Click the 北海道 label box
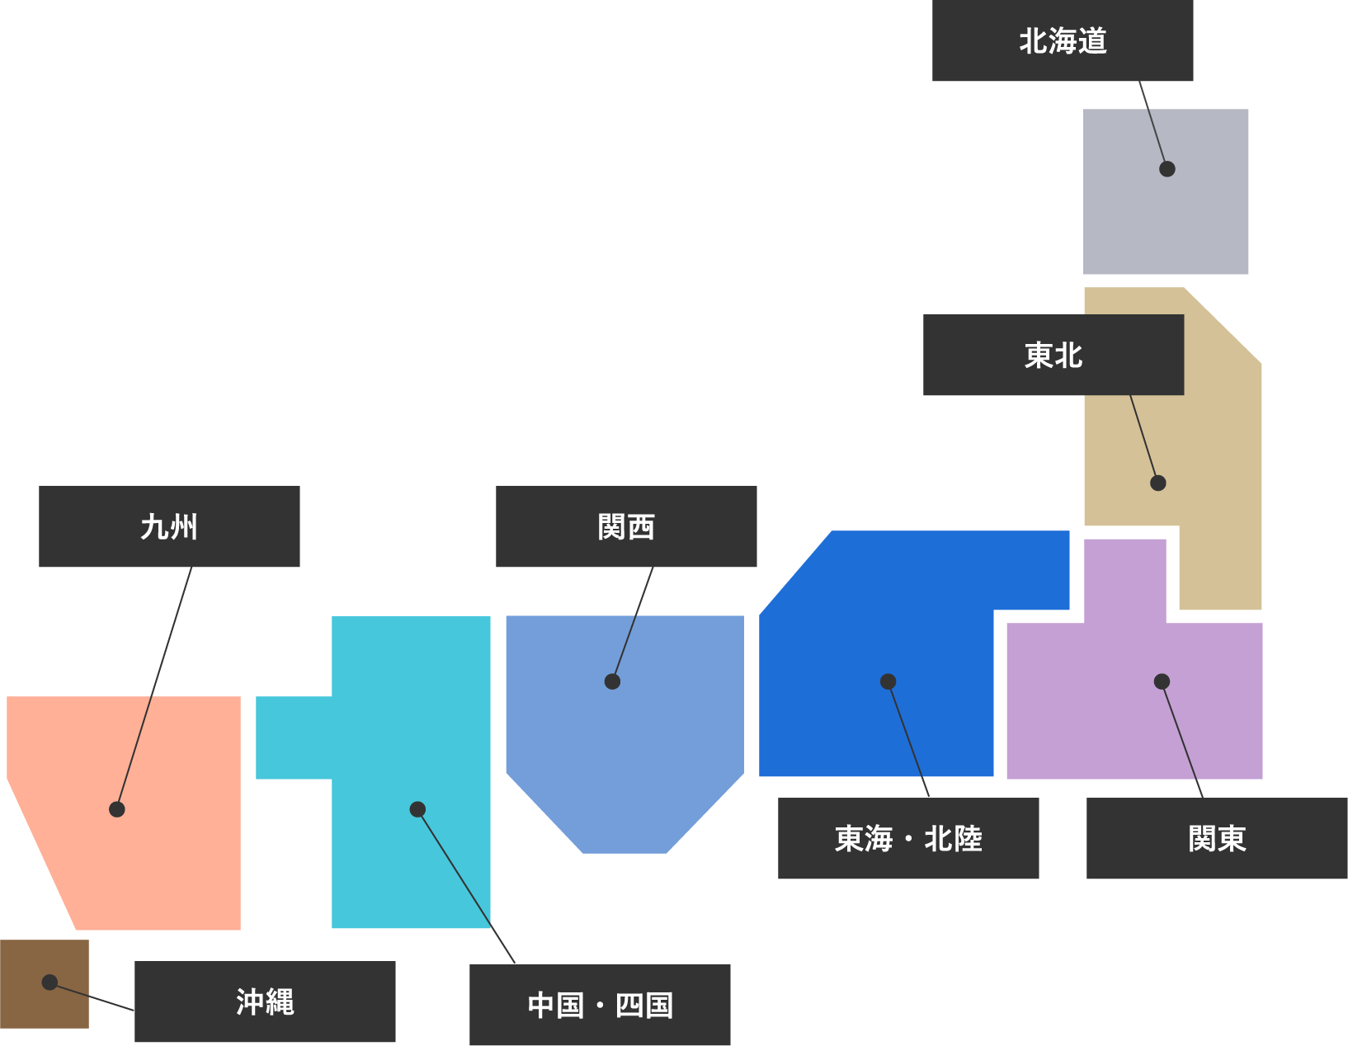(1063, 40)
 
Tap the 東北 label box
(1053, 355)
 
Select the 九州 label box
(169, 526)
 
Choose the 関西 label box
(626, 526)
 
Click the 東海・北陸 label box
(908, 838)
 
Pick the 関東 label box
(1217, 838)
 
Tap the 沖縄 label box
(265, 1001)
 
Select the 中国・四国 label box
(600, 1005)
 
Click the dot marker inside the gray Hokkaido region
(1167, 169)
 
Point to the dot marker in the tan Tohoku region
(1158, 483)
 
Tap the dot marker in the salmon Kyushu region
(117, 809)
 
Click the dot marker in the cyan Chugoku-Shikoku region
(417, 809)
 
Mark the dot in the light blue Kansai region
(612, 681)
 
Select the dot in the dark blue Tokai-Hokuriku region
(888, 681)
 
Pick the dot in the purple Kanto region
(1162, 681)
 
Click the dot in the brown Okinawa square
(49, 982)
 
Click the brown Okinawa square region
(33, 1006)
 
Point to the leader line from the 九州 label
(154, 688)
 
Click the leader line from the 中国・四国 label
(466, 886)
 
